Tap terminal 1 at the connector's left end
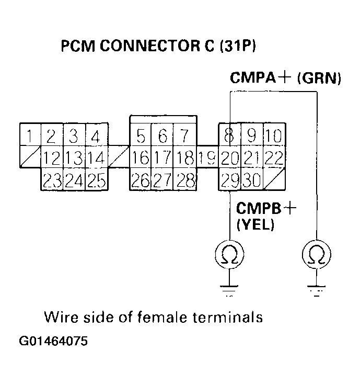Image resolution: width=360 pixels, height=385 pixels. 30,137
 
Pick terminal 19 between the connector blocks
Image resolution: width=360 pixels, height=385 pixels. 208,157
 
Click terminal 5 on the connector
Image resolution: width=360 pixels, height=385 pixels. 141,137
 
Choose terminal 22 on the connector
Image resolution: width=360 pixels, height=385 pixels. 273,157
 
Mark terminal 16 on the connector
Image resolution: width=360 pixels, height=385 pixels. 141,157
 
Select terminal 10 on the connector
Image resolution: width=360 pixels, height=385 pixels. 273,137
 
